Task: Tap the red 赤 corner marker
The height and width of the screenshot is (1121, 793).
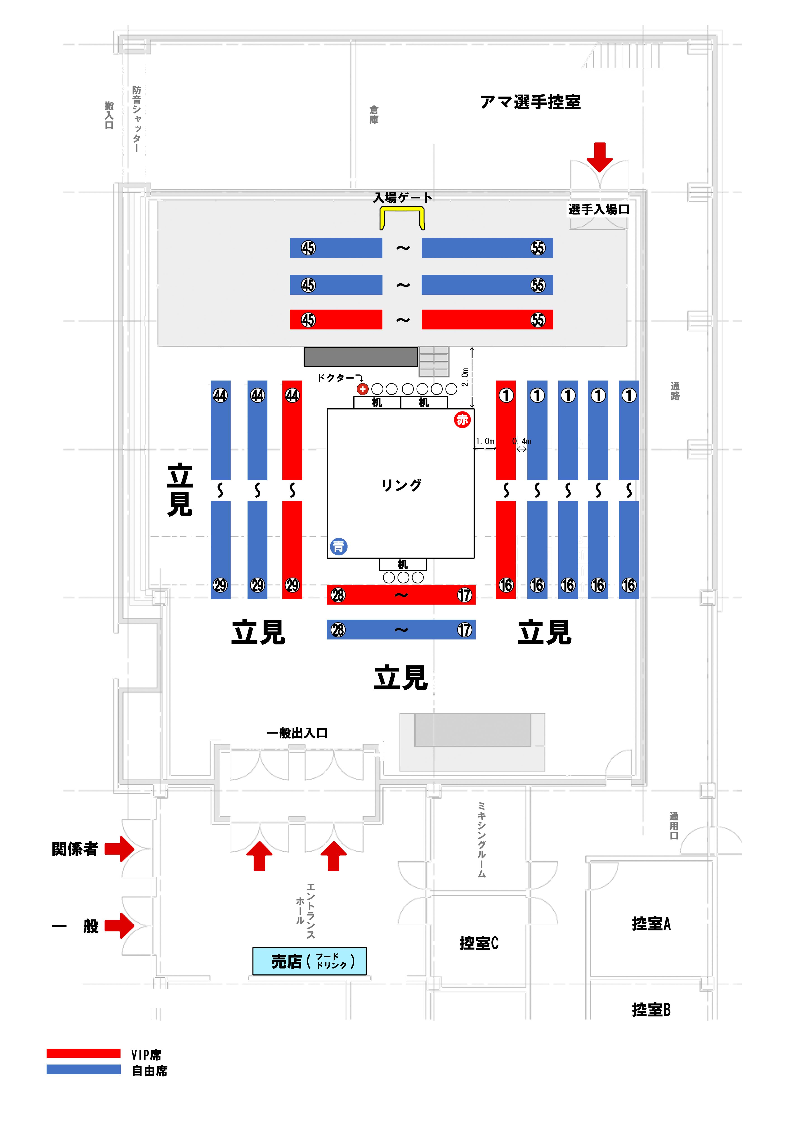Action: pos(462,419)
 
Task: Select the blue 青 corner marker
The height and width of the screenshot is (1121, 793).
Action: pos(338,546)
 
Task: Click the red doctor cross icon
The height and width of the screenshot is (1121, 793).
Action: pos(362,389)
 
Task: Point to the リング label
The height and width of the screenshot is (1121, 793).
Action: pos(401,485)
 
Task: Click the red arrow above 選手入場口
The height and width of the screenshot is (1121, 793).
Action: pos(599,156)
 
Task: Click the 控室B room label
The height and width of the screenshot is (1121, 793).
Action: pos(651,1009)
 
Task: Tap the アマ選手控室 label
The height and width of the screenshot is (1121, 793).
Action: pos(530,102)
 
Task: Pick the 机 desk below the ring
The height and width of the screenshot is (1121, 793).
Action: pos(402,564)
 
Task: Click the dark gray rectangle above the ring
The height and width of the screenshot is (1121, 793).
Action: pos(360,356)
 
